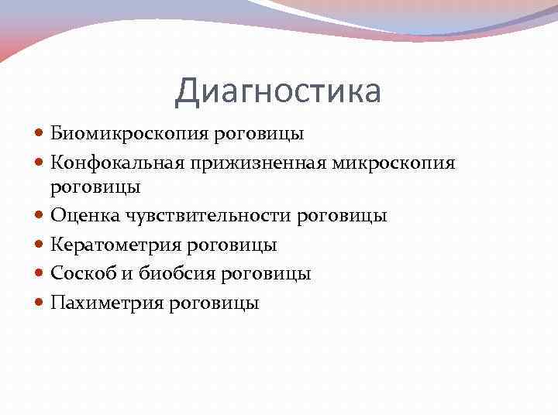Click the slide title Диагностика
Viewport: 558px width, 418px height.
tap(278, 91)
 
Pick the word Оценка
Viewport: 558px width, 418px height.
tap(81, 216)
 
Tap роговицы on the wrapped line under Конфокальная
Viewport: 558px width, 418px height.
tap(95, 187)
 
